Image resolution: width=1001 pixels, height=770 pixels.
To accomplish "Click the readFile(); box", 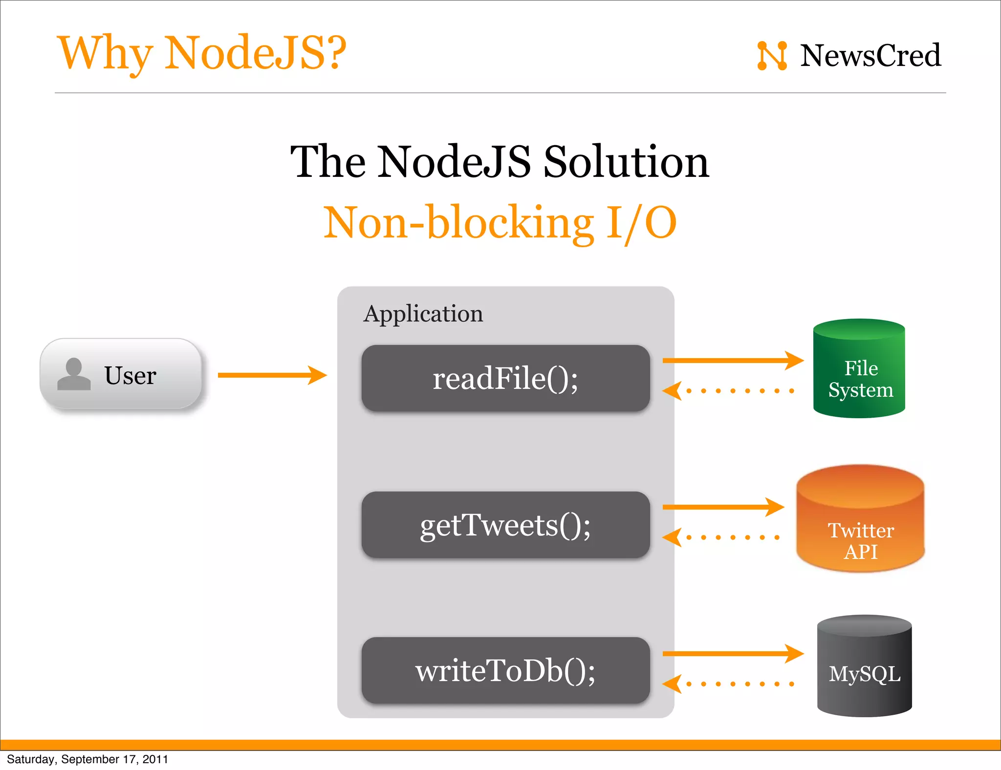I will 505,378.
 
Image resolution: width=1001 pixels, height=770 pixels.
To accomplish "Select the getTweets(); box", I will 505,525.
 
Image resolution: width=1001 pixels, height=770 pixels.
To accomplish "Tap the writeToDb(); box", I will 505,670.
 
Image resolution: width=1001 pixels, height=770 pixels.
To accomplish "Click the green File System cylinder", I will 859,369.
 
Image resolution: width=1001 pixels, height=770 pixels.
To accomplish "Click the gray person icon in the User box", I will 74,374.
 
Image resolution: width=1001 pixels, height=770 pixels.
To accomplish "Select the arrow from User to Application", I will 272,375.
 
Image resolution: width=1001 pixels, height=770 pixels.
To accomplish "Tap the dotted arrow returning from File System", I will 728,391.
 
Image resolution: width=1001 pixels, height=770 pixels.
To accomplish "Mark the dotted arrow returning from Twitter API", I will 721,537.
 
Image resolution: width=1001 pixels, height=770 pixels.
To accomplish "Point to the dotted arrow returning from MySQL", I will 728,684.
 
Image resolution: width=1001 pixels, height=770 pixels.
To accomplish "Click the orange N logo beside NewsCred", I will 772,56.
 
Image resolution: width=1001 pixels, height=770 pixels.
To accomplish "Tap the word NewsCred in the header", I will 870,56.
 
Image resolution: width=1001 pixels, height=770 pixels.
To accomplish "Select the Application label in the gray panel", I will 423,314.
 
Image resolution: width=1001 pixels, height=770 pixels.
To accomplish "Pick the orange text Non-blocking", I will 458,223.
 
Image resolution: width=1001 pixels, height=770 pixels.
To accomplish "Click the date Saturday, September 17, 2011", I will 87,759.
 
